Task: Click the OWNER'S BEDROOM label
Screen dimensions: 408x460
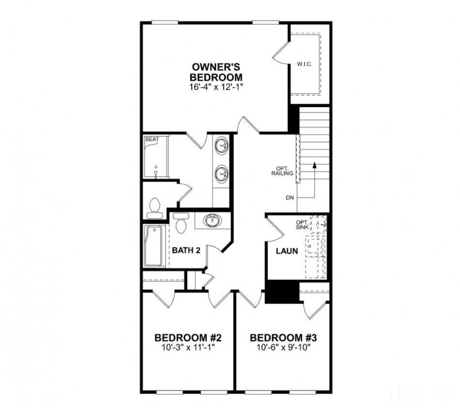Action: pyautogui.click(x=217, y=72)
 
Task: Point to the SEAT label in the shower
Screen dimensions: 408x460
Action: pyautogui.click(x=151, y=140)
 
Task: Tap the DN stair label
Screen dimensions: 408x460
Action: pyautogui.click(x=291, y=197)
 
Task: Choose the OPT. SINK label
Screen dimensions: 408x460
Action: pyautogui.click(x=302, y=225)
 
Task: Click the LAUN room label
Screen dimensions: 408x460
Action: pyautogui.click(x=287, y=250)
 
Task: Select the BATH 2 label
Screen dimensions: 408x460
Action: pyautogui.click(x=186, y=250)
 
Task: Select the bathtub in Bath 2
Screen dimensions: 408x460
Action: pyautogui.click(x=154, y=246)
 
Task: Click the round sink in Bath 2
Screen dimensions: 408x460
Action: pyautogui.click(x=212, y=221)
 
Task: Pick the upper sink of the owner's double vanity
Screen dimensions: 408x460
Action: pyautogui.click(x=222, y=146)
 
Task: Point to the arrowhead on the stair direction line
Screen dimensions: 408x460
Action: pyautogui.click(x=314, y=164)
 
